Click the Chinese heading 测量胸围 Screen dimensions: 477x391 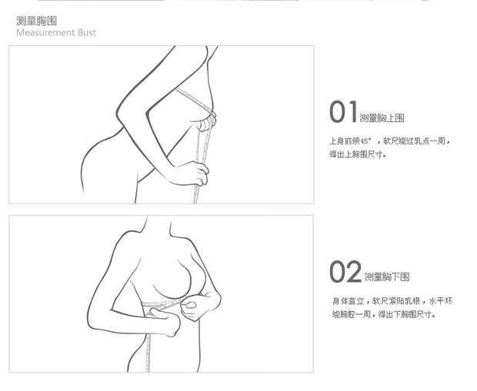(x=36, y=21)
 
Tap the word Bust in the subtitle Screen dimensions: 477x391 (x=87, y=32)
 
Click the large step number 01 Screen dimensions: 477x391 (x=343, y=112)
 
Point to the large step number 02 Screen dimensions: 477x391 (x=345, y=272)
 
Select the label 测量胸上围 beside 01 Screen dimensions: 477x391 (x=382, y=118)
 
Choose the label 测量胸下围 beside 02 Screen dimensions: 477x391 (x=387, y=277)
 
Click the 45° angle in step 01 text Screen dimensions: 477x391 (x=366, y=141)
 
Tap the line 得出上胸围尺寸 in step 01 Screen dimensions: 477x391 (x=358, y=154)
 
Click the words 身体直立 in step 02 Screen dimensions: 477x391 (x=349, y=301)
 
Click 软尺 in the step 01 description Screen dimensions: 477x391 (x=391, y=141)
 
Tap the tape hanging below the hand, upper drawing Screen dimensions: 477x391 (x=196, y=194)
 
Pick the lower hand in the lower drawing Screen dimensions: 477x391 (x=165, y=320)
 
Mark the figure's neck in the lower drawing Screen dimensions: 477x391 (x=158, y=227)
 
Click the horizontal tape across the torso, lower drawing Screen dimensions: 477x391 (x=162, y=304)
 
